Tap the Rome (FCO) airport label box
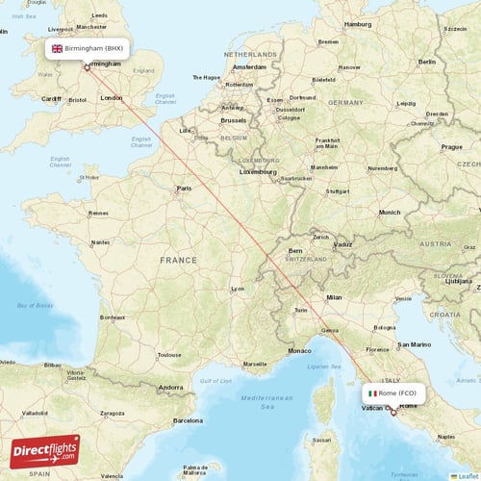click(392, 393)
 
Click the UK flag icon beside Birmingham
click(57, 48)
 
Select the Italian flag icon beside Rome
click(372, 393)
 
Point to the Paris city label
click(183, 189)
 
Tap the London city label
click(111, 97)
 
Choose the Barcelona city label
click(188, 420)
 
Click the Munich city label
click(389, 212)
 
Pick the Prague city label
click(452, 147)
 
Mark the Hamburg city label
click(357, 24)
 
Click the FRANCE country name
click(178, 261)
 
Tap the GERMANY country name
click(344, 101)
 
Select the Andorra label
click(171, 388)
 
